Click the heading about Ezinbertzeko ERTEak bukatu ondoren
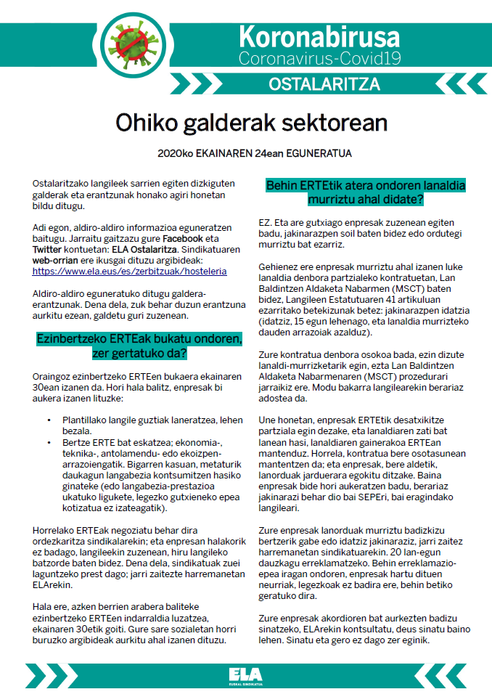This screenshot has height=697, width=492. [x=141, y=346]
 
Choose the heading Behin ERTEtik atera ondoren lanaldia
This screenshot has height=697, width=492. [x=366, y=192]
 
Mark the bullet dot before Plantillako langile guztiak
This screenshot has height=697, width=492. [x=49, y=420]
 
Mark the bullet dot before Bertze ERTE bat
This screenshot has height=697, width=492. [x=49, y=441]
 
